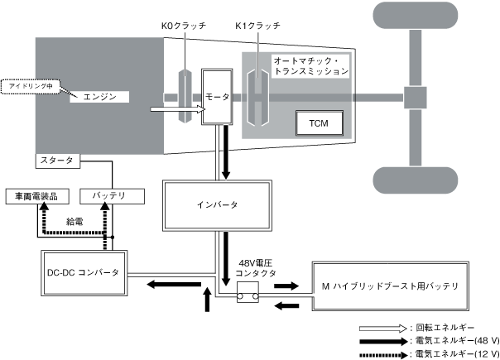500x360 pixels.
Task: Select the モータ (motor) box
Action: (x=218, y=98)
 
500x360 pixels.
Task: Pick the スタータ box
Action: (x=56, y=160)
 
